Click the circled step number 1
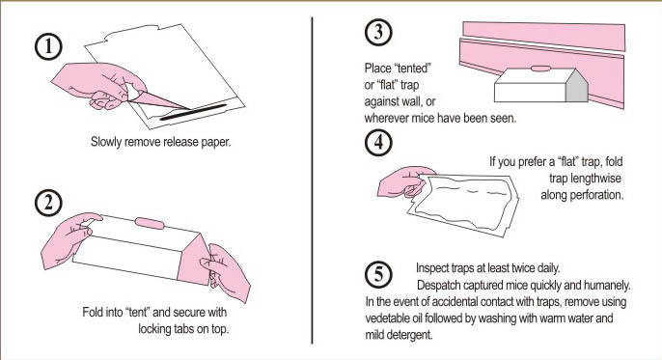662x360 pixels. (48, 46)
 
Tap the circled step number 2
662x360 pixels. (48, 203)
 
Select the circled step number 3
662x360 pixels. (378, 32)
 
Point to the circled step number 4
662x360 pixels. (378, 142)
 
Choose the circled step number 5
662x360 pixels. (378, 274)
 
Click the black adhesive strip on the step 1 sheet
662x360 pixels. (194, 112)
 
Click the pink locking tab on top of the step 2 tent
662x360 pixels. (150, 223)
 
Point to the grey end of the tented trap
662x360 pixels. (576, 86)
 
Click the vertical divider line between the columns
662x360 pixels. (312, 180)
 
